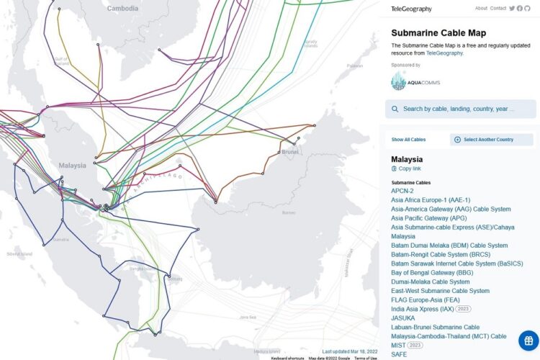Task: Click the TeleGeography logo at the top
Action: [x=411, y=9]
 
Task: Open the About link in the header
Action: [x=481, y=9]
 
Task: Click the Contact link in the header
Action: [x=498, y=9]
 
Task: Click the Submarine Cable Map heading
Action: [x=438, y=33]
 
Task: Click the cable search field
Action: [x=461, y=109]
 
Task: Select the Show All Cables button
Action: [x=408, y=140]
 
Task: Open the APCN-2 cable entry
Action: [x=402, y=191]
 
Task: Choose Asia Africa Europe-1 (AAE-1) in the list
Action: [x=431, y=200]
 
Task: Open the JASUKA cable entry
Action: [x=403, y=318]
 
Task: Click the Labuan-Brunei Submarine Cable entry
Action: [x=435, y=328]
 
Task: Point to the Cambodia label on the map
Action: [x=122, y=9]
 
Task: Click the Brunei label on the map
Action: [x=289, y=152]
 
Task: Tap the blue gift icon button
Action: [x=528, y=340]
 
